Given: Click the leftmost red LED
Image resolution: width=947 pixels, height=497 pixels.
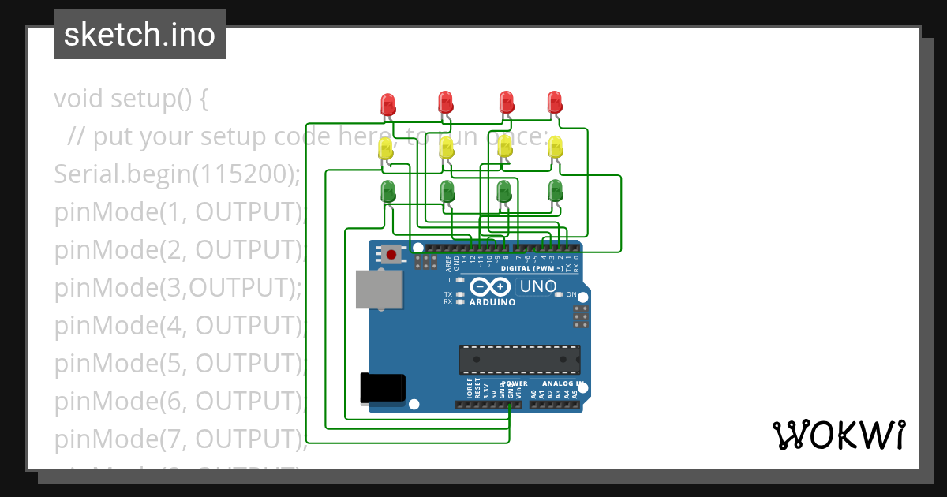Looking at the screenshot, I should pyautogui.click(x=387, y=103).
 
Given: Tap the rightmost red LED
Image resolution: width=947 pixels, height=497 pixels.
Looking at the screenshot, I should pyautogui.click(x=555, y=102).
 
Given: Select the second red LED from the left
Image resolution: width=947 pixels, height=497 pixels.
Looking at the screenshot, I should pyautogui.click(x=446, y=102).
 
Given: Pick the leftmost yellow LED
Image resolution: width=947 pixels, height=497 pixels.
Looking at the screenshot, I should pyautogui.click(x=386, y=150).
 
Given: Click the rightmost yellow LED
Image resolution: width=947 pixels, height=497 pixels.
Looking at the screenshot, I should pyautogui.click(x=556, y=146).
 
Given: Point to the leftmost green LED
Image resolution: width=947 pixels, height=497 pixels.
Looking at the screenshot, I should pyautogui.click(x=388, y=191).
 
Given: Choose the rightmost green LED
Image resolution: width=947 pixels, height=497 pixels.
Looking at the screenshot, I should pyautogui.click(x=556, y=190).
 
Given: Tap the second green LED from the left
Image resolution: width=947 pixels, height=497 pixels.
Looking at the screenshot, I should pyautogui.click(x=447, y=191).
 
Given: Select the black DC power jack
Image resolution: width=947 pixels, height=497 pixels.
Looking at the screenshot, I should pyautogui.click(x=383, y=387).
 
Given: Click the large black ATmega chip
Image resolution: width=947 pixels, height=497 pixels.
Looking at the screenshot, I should pyautogui.click(x=519, y=359).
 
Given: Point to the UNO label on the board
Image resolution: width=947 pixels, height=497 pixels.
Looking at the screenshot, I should pyautogui.click(x=538, y=286).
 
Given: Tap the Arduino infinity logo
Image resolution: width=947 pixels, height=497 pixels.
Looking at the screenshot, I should pyautogui.click(x=492, y=287).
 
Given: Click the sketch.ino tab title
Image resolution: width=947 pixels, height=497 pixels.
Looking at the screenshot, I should pyautogui.click(x=140, y=35).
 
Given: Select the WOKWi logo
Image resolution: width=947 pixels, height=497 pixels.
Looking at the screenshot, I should pyautogui.click(x=838, y=435).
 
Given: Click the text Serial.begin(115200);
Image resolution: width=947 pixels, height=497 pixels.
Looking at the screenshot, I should pyautogui.click(x=178, y=174).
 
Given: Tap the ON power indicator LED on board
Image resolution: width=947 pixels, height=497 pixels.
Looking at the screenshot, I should pyautogui.click(x=560, y=294).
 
